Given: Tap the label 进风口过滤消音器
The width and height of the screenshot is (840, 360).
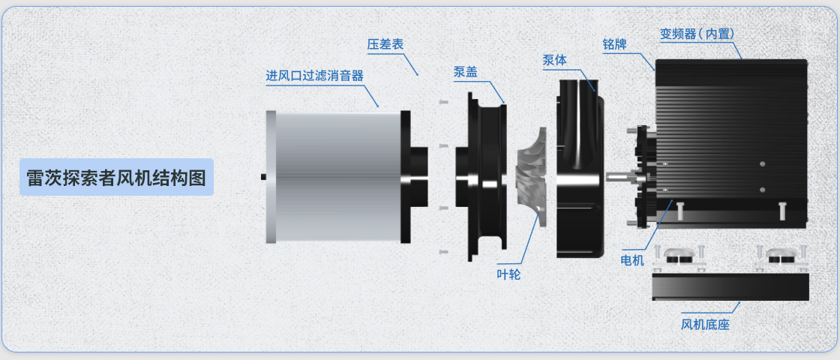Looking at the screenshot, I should click(314, 76).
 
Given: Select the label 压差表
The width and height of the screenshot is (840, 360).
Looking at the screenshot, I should click(385, 44).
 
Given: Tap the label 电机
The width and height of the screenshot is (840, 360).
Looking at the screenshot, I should click(633, 260).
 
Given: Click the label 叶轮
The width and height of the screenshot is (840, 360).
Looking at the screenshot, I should click(508, 274).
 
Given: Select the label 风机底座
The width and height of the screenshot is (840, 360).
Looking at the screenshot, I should click(705, 325).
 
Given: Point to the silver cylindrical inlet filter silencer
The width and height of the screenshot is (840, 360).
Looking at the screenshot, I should click(334, 177).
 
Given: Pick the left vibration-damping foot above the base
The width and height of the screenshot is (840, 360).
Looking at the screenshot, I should click(679, 257).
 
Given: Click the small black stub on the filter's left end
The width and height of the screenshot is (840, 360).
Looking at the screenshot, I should click(264, 177).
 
